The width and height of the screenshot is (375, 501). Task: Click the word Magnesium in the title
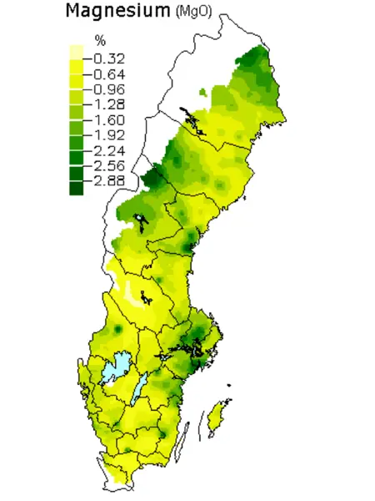(115, 12)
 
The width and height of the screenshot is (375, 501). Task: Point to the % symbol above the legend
(100, 41)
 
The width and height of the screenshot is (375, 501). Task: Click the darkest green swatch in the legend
(76, 188)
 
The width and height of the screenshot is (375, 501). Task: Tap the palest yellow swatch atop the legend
(76, 51)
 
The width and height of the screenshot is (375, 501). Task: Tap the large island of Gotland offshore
(220, 412)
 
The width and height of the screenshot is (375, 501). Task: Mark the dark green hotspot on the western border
(153, 178)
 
